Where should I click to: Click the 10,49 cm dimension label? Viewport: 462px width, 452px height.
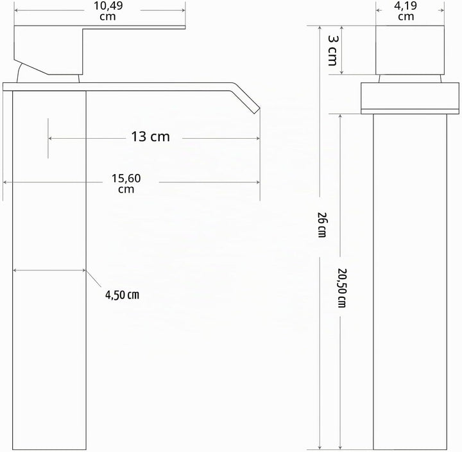click(x=108, y=11)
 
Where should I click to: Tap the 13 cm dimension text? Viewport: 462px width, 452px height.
click(x=150, y=137)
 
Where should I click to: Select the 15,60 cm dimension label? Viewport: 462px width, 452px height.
click(x=126, y=184)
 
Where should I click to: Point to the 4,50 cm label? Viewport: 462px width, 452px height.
click(x=122, y=295)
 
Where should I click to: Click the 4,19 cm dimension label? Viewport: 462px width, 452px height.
click(x=406, y=11)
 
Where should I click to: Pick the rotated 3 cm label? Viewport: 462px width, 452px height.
click(x=333, y=50)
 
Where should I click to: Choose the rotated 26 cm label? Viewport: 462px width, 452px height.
click(x=321, y=225)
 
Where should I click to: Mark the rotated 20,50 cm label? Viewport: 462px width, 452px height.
click(x=342, y=288)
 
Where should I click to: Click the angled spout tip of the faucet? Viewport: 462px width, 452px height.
click(x=256, y=110)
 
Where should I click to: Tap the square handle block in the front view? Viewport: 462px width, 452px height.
click(x=410, y=50)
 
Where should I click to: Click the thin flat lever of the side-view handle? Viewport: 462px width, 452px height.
click(x=134, y=28)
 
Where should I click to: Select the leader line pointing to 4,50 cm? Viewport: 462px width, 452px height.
click(x=94, y=279)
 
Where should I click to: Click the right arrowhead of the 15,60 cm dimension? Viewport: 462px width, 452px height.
click(x=258, y=182)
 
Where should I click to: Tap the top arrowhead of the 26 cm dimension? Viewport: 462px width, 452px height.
click(x=320, y=28)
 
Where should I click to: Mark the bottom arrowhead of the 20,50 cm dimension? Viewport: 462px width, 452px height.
click(x=341, y=448)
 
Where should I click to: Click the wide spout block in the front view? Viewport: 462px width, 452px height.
click(x=410, y=98)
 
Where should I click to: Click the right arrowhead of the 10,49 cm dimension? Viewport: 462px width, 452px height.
click(x=183, y=10)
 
